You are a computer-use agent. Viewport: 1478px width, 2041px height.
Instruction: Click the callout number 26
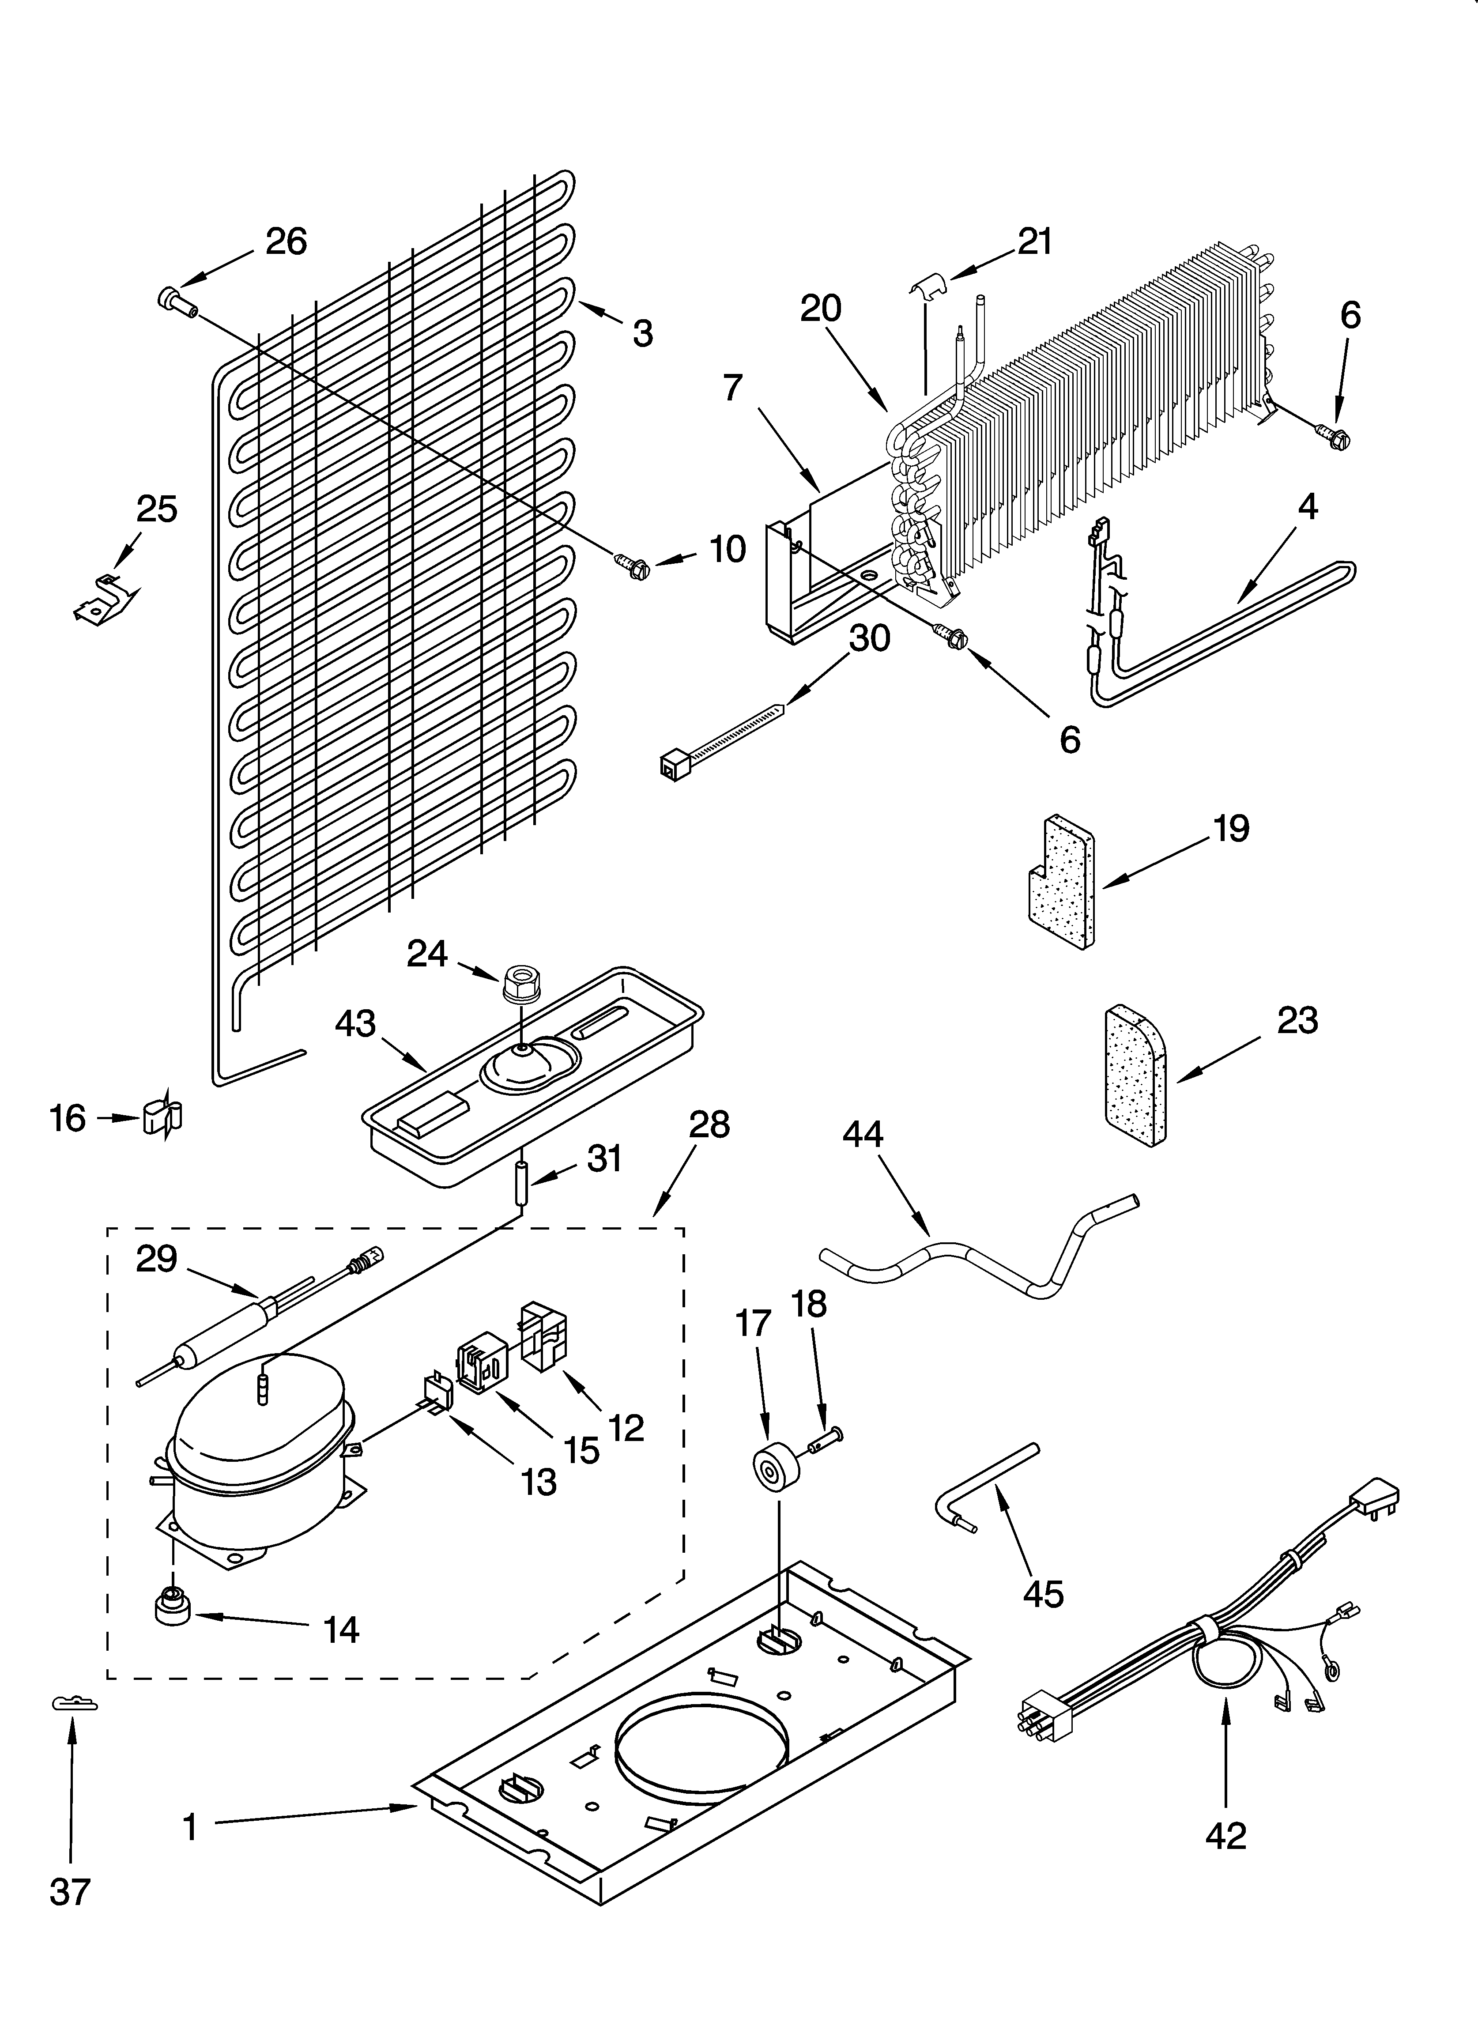tap(286, 241)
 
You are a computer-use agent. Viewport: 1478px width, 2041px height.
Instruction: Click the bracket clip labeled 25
tap(106, 599)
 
